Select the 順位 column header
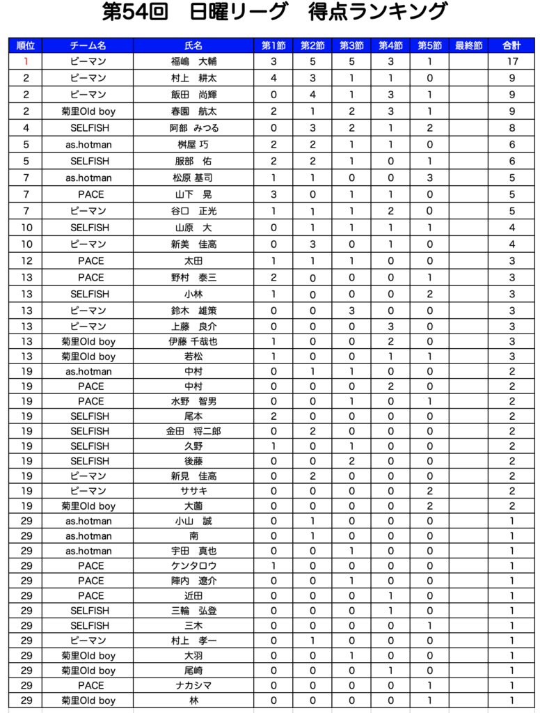tap(26, 46)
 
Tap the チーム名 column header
tap(88, 46)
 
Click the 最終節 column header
tap(469, 46)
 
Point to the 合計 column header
tap(511, 46)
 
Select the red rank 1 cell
tap(26, 62)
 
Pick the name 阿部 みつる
tap(194, 128)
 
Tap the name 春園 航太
tap(194, 111)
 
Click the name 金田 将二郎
tap(194, 432)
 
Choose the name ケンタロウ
tap(194, 566)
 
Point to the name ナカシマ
tap(194, 686)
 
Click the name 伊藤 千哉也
tap(194, 342)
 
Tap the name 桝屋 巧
tap(194, 145)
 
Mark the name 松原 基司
tap(194, 178)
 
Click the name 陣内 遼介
tap(194, 581)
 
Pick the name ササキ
tap(194, 492)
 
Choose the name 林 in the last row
tap(194, 701)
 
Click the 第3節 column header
tap(351, 46)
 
